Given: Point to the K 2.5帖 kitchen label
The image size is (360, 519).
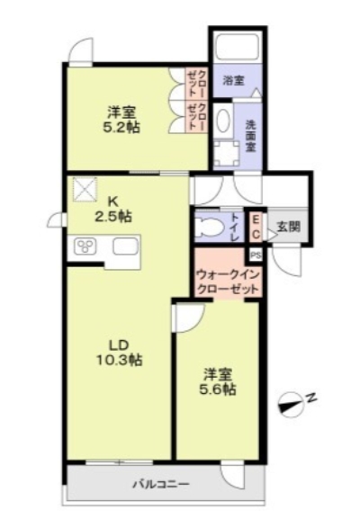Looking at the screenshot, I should pyautogui.click(x=115, y=209).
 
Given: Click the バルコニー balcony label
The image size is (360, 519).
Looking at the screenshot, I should pyautogui.click(x=161, y=485).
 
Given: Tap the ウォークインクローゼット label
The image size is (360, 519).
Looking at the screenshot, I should pyautogui.click(x=229, y=282).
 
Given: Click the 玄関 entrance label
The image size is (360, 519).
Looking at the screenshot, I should pyautogui.click(x=288, y=226).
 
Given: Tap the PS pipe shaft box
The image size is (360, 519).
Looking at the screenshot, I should pyautogui.click(x=255, y=255).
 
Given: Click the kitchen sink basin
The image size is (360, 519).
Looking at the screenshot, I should pyautogui.click(x=124, y=246).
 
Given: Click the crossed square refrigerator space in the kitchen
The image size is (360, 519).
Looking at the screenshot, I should pyautogui.click(x=86, y=189).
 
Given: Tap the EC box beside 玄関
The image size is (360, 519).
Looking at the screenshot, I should pyautogui.click(x=255, y=226).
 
